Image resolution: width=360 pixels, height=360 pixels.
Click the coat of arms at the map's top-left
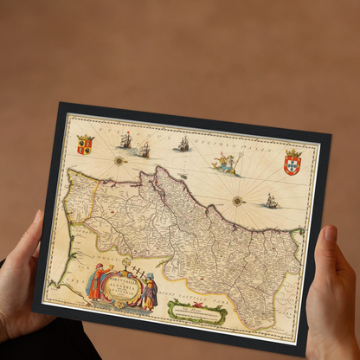tap(85, 145)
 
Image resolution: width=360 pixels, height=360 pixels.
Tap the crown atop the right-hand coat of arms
tap(293, 153)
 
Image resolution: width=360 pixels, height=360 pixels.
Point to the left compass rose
tap(119, 160)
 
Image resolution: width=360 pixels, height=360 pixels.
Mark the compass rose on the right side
tap(237, 201)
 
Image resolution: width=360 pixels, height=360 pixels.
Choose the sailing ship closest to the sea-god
tap(183, 145)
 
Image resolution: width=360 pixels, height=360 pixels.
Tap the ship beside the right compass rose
tap(271, 201)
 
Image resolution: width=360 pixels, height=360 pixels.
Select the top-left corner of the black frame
tap(60, 104)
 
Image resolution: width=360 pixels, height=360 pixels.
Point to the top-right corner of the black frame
tap(330, 136)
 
